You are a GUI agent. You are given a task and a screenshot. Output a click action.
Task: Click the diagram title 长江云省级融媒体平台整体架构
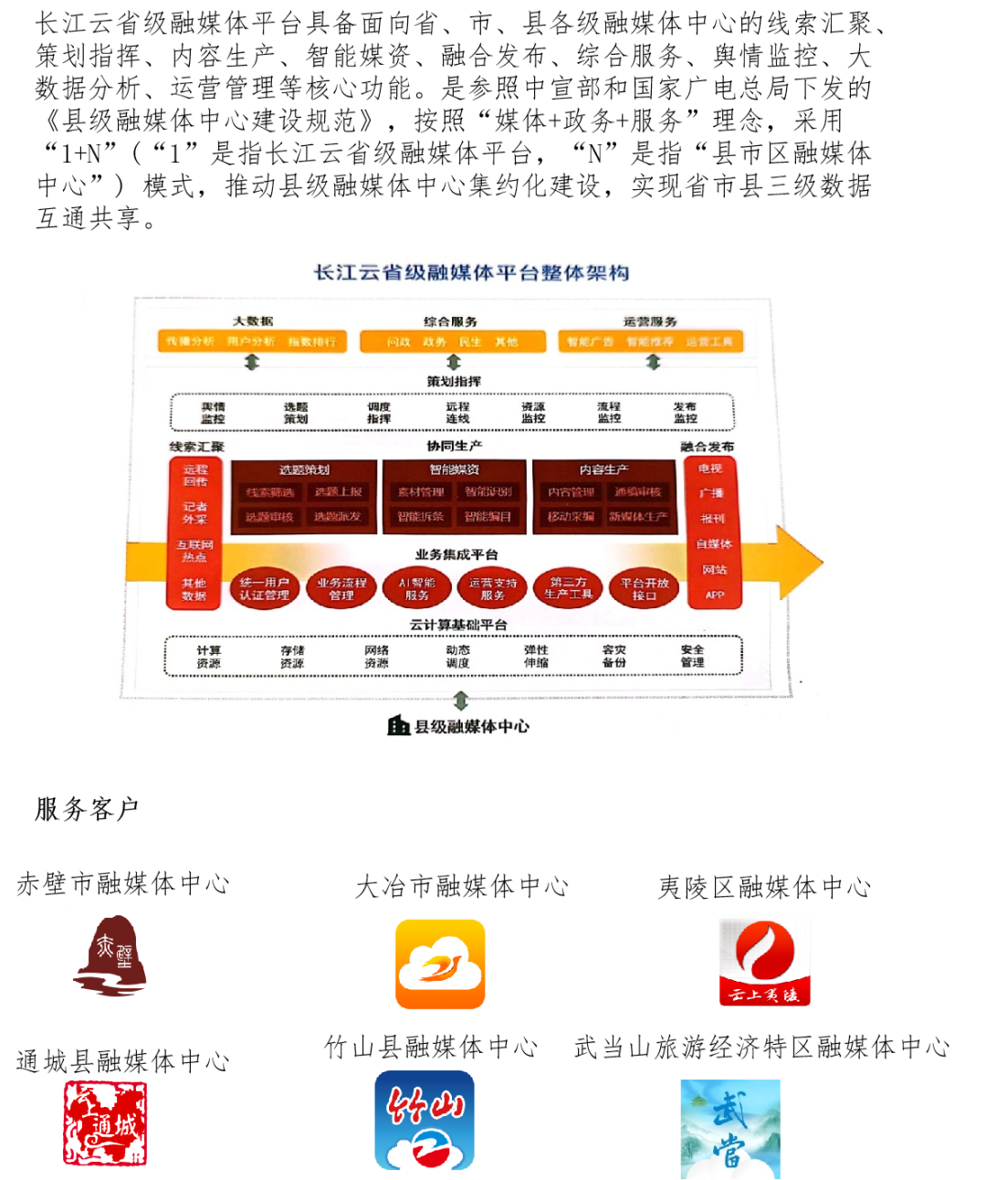[471, 272]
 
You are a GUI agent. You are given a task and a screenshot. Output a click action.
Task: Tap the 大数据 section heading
[253, 321]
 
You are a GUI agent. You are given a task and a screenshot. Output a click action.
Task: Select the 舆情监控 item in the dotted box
[213, 413]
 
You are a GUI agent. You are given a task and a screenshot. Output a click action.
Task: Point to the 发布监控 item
[685, 413]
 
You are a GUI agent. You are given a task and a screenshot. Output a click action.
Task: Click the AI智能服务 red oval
[417, 589]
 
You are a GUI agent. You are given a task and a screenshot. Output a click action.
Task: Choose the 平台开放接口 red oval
[645, 589]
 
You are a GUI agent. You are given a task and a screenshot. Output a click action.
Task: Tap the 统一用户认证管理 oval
[264, 589]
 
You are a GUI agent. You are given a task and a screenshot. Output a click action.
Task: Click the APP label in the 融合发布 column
[714, 595]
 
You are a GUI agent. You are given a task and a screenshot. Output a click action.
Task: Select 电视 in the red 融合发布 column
[710, 469]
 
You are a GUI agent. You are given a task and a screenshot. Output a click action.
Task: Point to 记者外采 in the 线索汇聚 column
[194, 512]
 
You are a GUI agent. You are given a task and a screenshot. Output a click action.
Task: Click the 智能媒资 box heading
[454, 469]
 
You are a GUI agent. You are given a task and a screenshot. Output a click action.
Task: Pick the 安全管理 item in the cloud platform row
[692, 656]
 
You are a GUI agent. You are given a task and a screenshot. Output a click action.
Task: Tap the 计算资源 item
[208, 657]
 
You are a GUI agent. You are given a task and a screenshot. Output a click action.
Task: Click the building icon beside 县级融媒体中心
[398, 726]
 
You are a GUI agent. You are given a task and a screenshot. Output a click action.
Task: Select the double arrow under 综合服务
[454, 363]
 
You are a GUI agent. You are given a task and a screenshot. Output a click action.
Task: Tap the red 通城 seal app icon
[106, 1124]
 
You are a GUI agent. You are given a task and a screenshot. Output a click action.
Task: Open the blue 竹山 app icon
[425, 1121]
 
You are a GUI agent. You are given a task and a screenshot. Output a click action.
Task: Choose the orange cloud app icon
[440, 964]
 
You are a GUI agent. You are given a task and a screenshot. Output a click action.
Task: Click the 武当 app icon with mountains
[730, 1130]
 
